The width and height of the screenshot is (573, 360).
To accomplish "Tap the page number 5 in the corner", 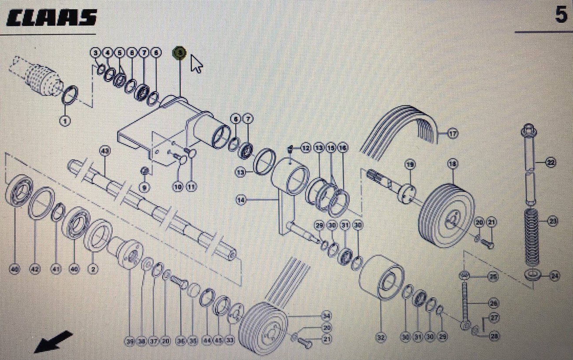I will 561,15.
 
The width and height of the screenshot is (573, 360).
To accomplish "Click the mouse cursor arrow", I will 196,64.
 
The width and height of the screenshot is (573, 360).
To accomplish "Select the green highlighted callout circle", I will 179,53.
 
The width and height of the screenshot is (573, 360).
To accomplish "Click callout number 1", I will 65,120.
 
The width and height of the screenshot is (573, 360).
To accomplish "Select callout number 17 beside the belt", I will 453,133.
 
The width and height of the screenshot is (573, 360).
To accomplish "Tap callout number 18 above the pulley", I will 453,164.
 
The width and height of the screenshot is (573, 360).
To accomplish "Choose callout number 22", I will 551,162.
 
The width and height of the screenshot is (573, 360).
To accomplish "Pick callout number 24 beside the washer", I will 554,276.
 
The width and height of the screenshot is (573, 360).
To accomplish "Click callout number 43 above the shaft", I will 105,151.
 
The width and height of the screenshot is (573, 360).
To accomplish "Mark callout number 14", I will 241,200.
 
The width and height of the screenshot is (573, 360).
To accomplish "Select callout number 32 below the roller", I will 381,337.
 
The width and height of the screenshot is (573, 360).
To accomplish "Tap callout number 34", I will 326,315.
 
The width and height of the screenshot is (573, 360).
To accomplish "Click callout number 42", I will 35,269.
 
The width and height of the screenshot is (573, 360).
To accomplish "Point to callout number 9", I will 144,187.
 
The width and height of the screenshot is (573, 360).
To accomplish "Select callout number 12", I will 305,148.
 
